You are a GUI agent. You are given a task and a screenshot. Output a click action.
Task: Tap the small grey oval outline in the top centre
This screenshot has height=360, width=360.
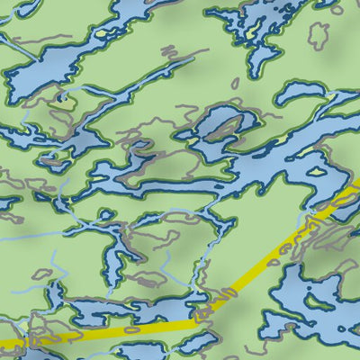coord(234,84)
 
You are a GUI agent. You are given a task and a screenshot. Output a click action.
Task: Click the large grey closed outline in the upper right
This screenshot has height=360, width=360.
coord(318,34)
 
